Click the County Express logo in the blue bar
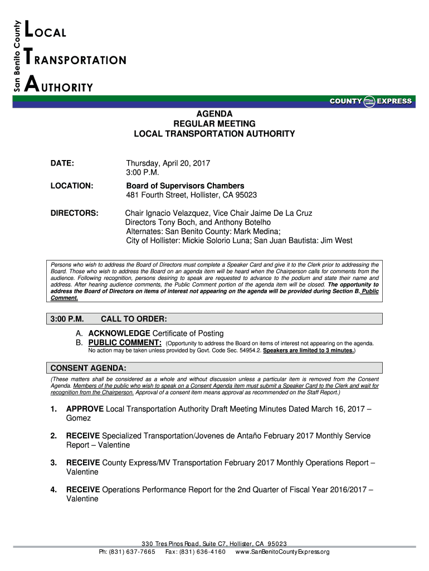[370, 101]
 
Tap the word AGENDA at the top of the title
[214, 113]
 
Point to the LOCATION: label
[72, 186]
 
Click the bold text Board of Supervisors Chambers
[185, 186]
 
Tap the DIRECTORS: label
[75, 213]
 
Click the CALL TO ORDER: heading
[134, 319]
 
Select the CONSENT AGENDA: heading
[88, 369]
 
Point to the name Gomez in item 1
[78, 418]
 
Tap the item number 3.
[53, 463]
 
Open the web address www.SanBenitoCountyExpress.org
[282, 552]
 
